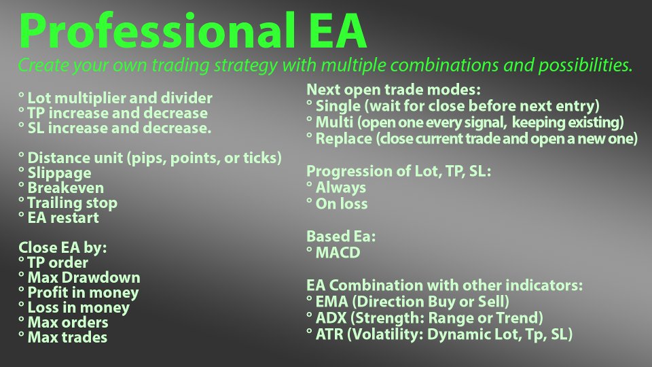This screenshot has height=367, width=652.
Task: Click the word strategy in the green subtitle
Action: [x=245, y=65]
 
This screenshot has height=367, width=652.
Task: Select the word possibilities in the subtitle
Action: [x=585, y=65]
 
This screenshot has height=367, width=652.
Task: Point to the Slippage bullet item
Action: [x=59, y=173]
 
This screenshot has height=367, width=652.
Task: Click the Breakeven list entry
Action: [x=66, y=188]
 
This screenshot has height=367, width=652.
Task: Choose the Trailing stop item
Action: [x=73, y=203]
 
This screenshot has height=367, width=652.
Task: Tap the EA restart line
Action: [x=63, y=217]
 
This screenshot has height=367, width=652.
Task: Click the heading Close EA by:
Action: [x=62, y=247]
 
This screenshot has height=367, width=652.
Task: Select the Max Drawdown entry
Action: [x=84, y=277]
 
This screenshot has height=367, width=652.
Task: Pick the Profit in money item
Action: [x=83, y=292]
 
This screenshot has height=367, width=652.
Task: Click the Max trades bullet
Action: [x=67, y=337]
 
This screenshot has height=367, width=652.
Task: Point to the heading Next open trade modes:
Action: [x=393, y=90]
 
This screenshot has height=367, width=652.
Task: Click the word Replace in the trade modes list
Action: [x=344, y=139]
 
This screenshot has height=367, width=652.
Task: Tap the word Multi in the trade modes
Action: [x=334, y=122]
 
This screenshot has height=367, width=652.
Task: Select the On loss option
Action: [x=342, y=204]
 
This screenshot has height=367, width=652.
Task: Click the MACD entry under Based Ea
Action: [x=338, y=253]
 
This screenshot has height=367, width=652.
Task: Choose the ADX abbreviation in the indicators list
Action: [x=331, y=318]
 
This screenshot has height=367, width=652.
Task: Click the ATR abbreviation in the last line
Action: [x=330, y=334]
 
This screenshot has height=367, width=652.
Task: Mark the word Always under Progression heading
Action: [x=341, y=188]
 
